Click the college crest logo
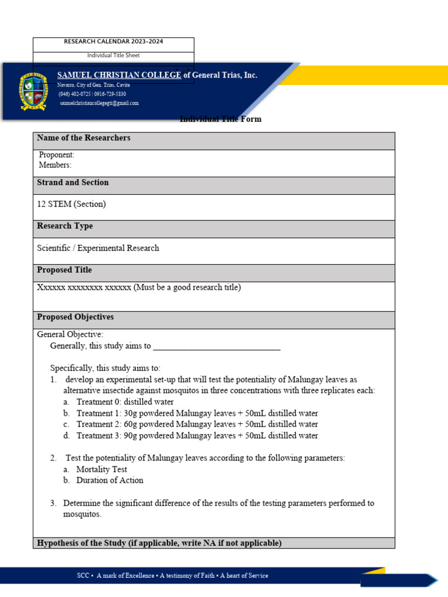pos(34,92)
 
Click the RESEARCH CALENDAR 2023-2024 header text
pos(113,42)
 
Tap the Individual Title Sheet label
pos(113,55)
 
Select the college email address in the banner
pos(99,103)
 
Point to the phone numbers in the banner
pos(92,94)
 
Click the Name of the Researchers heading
pos(83,138)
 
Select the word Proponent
pos(57,155)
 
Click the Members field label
pos(55,165)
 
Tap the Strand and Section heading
pos(73,182)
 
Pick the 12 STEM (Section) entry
pos(72,204)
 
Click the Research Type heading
pos(65,226)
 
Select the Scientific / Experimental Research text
pos(98,248)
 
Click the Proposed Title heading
pos(64,271)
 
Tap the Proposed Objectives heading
pos(75,317)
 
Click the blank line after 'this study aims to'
pos(216,346)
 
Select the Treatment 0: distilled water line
pos(125,402)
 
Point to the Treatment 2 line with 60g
pos(197,424)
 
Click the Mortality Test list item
pos(101,469)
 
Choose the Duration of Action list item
pos(110,480)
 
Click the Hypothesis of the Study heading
pos(159,543)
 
